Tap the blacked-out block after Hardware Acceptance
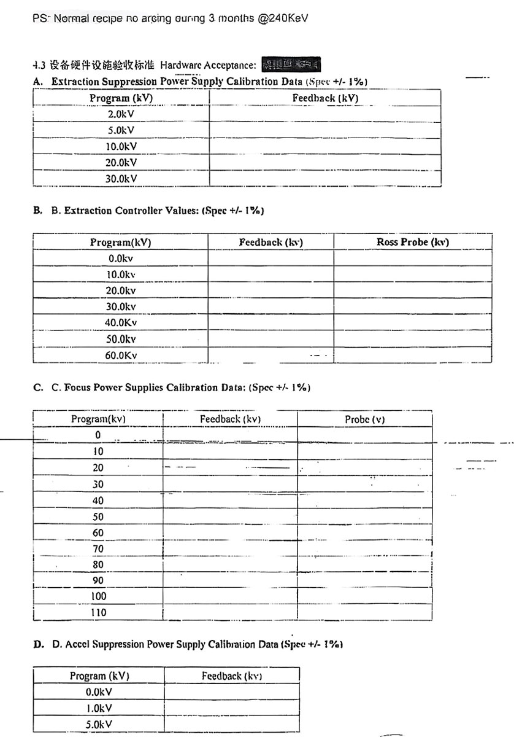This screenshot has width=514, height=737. coord(291,64)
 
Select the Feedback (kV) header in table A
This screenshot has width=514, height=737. coord(325,98)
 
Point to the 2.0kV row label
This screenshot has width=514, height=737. coord(121,114)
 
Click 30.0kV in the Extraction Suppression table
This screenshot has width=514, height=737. coord(121,178)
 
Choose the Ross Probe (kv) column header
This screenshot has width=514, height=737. coord(413,242)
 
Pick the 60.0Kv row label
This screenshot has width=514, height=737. coord(121,354)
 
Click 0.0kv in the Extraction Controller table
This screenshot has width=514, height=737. coord(121,259)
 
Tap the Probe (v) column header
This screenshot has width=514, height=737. coord(365,419)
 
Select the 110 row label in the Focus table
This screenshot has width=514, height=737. coord(98,612)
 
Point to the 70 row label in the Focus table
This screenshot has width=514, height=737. coord(98,548)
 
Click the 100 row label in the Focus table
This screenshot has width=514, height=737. coord(98,596)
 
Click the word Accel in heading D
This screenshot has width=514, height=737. coord(78,644)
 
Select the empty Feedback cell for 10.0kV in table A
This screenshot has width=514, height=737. coord(325,146)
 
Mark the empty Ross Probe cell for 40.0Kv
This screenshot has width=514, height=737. coord(413,322)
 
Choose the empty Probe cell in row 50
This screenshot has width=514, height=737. coord(365,516)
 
